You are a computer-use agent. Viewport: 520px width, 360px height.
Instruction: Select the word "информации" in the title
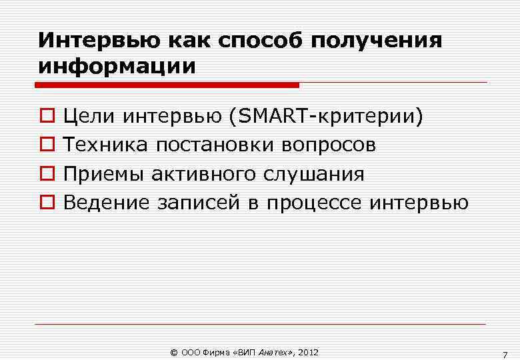(x=117, y=67)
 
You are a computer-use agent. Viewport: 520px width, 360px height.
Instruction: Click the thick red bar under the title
(x=167, y=85)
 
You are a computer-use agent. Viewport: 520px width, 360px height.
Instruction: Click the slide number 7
(x=505, y=353)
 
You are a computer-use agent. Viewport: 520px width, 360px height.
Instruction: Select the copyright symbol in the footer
(x=175, y=351)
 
